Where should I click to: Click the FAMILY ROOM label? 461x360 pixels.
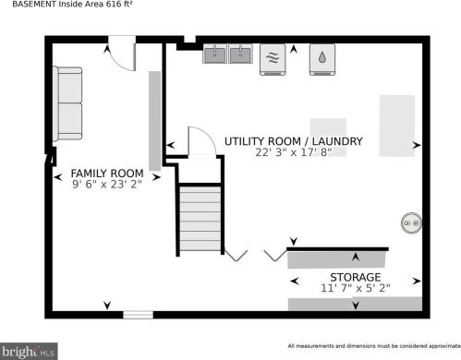point(107,174)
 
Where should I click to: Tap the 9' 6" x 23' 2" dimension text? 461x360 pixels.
point(107,185)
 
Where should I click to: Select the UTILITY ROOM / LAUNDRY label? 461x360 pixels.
point(293,141)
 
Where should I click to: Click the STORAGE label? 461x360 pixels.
point(355,277)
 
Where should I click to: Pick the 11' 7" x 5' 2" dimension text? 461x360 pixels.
point(355,288)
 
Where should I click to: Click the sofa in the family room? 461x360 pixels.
point(68,102)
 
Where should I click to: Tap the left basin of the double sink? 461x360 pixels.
point(216,54)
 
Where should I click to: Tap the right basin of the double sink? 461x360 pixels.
point(241,54)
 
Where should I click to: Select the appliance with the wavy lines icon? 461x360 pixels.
point(272,58)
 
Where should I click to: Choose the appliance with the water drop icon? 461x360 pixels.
point(320,58)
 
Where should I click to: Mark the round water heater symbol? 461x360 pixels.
point(409,222)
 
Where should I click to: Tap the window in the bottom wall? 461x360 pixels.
point(138,314)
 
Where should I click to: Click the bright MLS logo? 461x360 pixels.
point(30,351)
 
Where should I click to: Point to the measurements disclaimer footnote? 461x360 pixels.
point(370,346)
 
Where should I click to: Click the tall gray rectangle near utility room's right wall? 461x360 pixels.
point(396,125)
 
